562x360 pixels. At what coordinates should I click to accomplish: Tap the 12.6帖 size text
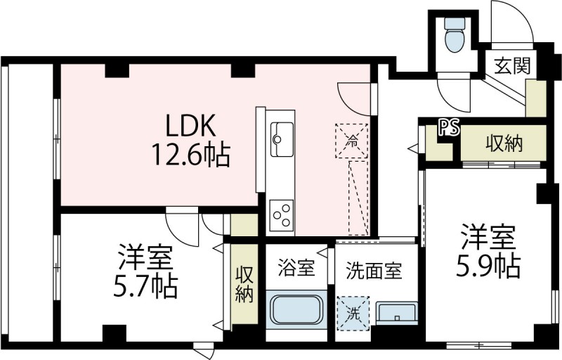pos(191,155)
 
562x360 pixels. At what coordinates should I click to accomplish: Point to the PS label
pos(449,128)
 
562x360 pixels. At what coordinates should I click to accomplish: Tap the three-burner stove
pos(282,214)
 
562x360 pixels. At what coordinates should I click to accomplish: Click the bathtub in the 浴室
pos(295,309)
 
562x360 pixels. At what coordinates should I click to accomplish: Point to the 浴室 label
pos(295,269)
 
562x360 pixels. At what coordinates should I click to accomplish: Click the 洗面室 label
pos(374,269)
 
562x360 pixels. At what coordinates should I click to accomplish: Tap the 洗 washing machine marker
pos(353,311)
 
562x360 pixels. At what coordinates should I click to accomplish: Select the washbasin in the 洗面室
pos(396,312)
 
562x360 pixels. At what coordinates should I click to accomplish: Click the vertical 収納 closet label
pos(244,285)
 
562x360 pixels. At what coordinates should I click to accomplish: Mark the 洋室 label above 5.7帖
pos(145,257)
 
